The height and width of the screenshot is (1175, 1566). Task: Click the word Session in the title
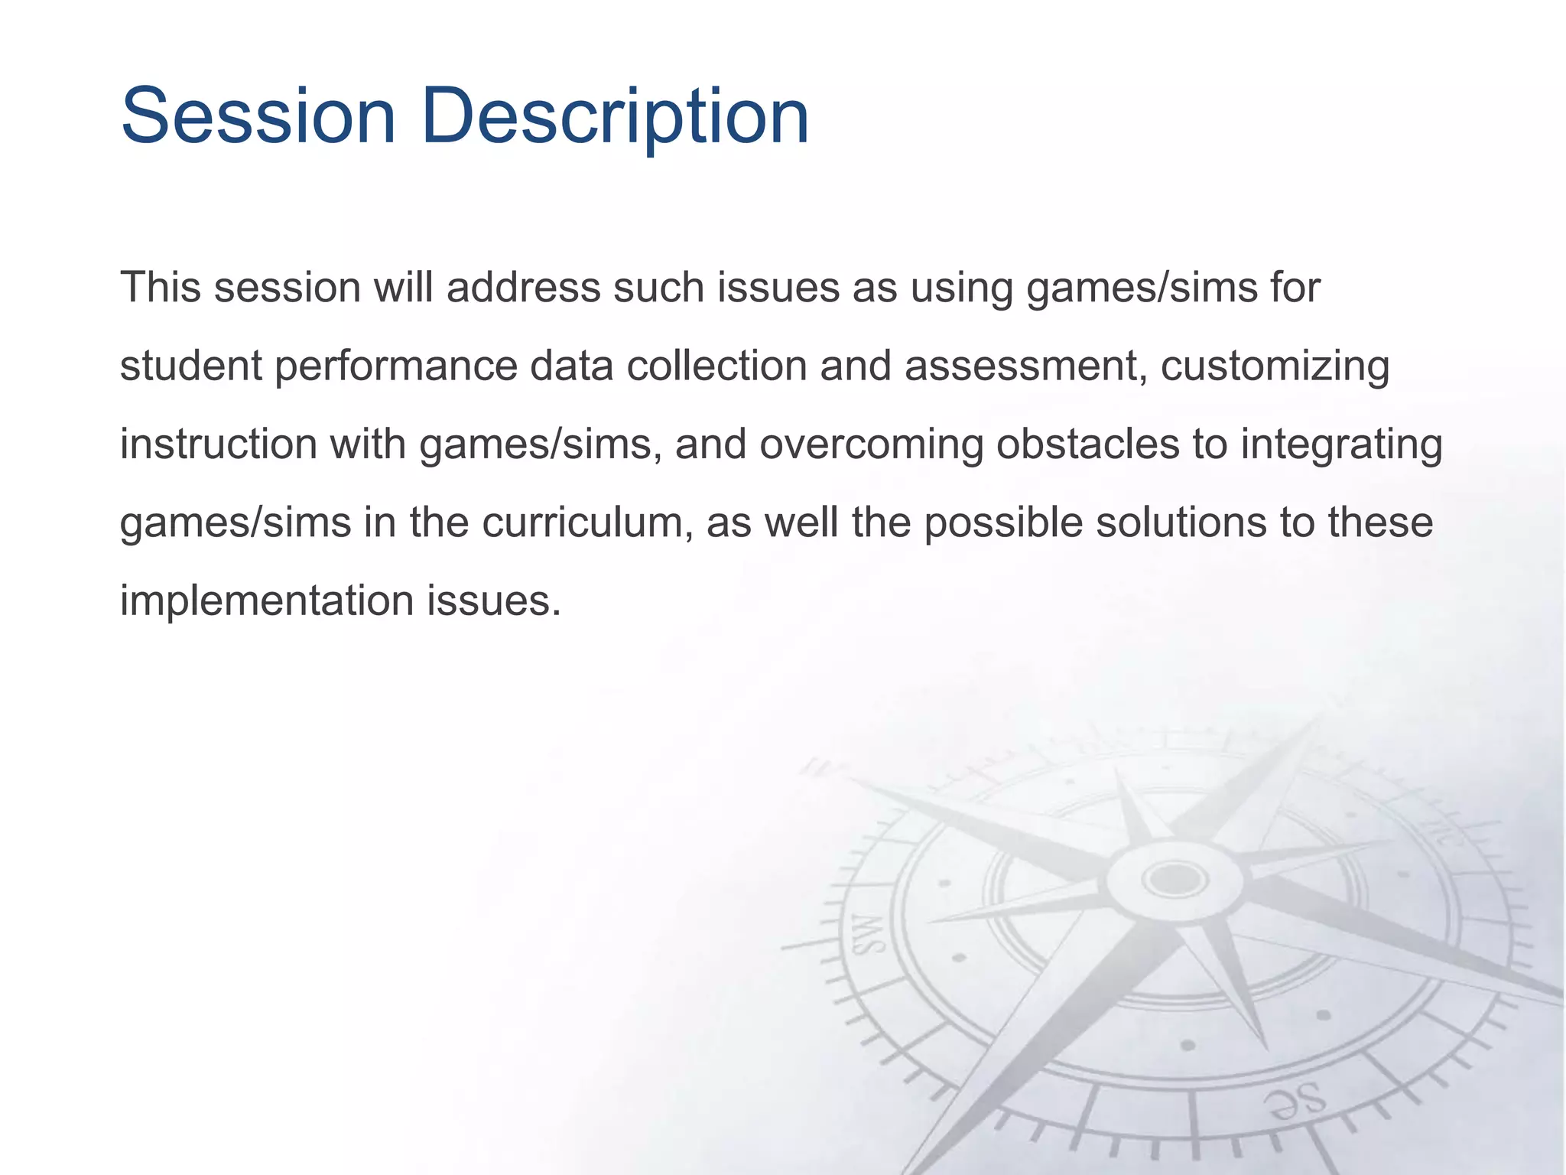click(x=258, y=116)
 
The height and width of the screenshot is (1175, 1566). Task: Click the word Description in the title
click(x=615, y=116)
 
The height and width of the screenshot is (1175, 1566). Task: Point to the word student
click(x=191, y=366)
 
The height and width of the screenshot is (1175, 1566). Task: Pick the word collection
click(x=717, y=366)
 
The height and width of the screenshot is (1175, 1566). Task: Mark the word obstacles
click(x=1087, y=444)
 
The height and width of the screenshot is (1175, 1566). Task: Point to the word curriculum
click(x=589, y=523)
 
